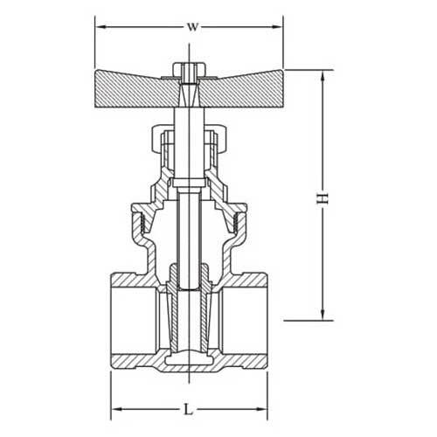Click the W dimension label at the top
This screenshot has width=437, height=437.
(191, 25)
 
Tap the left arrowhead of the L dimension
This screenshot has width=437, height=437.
(114, 408)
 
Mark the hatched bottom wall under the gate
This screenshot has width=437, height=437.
(190, 367)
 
